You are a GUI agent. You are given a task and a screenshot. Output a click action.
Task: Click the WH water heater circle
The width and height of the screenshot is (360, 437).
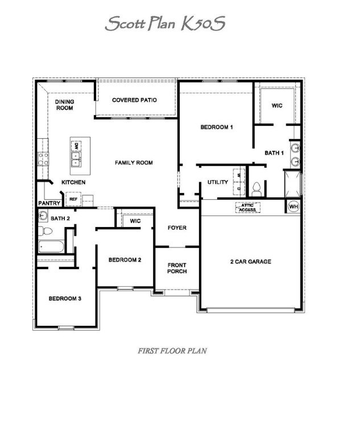click(293, 207)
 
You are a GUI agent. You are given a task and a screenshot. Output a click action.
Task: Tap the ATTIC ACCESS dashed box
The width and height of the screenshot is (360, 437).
click(248, 208)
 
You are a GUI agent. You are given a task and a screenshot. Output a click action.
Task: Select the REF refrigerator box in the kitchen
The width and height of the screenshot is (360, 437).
click(73, 199)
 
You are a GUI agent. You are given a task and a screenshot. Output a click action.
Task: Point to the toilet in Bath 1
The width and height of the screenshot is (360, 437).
click(256, 189)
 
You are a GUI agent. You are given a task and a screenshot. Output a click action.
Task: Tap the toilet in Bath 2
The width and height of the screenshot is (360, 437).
click(45, 231)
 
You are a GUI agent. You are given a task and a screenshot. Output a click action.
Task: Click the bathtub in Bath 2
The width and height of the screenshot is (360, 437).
click(51, 246)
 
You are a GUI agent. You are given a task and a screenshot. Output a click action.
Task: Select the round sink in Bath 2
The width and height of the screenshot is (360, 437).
click(43, 215)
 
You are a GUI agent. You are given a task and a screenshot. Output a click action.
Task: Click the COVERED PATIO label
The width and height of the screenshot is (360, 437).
click(134, 100)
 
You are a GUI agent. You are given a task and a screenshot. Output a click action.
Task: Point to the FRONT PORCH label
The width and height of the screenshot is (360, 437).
click(177, 268)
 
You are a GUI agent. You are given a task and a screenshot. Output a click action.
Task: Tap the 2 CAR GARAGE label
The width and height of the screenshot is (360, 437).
click(251, 261)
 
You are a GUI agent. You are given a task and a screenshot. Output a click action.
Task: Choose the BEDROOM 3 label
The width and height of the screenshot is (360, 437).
click(65, 299)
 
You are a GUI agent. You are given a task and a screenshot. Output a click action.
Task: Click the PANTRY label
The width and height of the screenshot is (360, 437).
click(49, 203)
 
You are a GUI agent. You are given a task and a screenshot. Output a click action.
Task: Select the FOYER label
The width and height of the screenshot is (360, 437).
click(177, 228)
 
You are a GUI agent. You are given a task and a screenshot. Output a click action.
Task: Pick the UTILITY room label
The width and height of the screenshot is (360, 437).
click(218, 182)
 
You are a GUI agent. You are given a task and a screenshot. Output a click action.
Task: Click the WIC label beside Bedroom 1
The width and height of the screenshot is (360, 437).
click(277, 106)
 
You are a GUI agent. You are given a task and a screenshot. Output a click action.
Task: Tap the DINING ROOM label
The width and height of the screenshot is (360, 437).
click(65, 105)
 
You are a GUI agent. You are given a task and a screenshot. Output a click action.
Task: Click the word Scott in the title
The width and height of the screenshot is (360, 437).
click(125, 23)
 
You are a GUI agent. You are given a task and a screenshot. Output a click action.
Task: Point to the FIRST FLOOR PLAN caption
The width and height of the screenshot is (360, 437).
click(172, 351)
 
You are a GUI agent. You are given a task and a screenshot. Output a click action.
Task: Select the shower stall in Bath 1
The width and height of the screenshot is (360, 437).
click(292, 184)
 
